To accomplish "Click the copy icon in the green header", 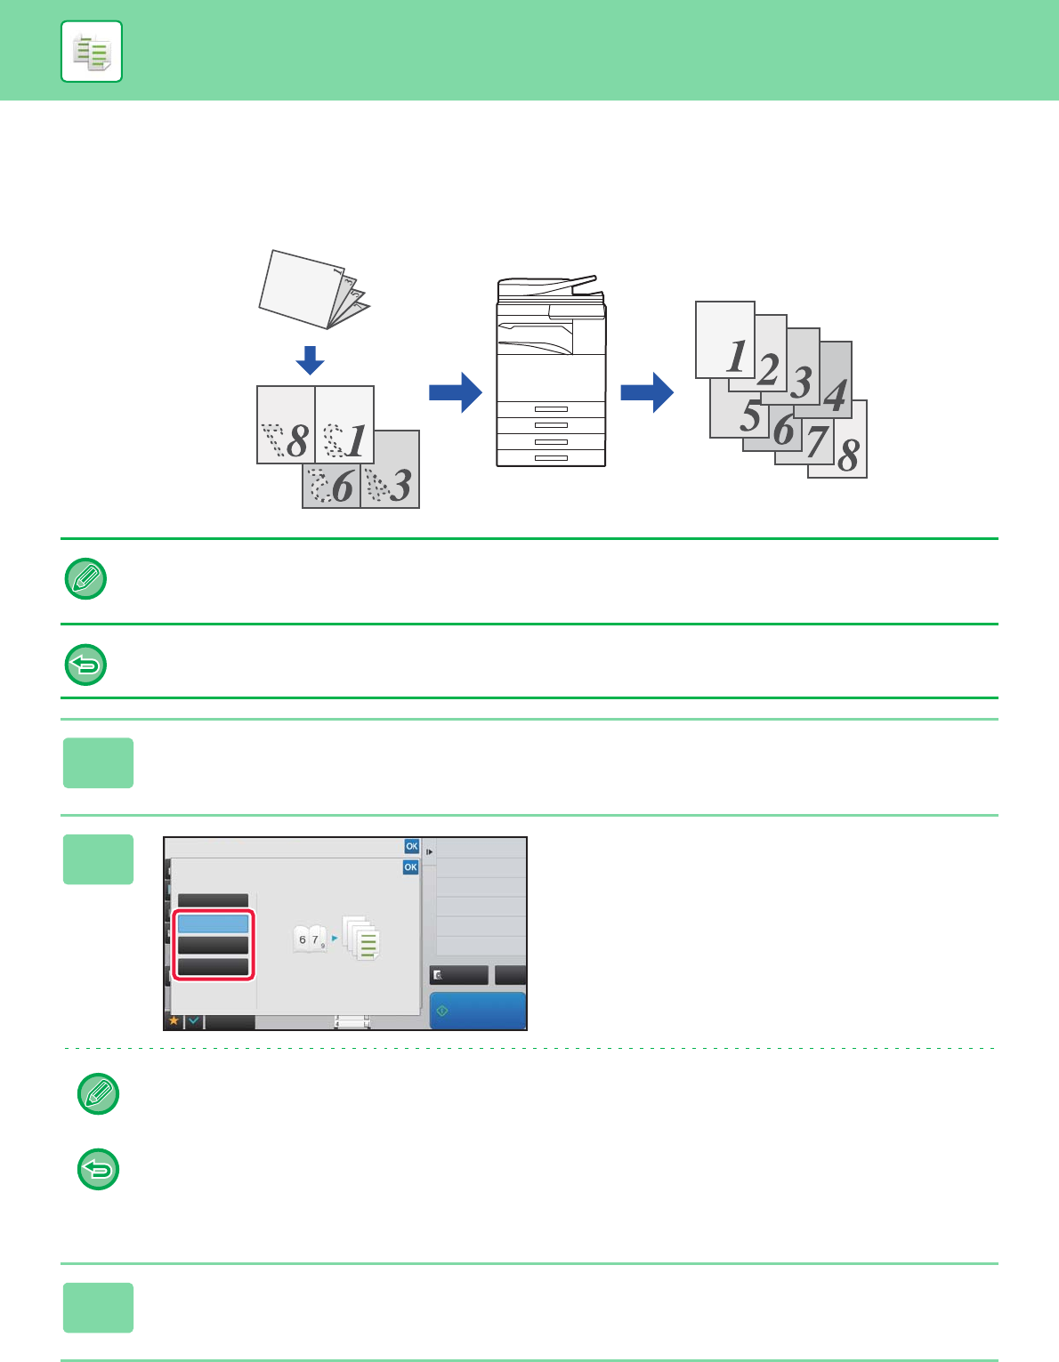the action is (92, 52).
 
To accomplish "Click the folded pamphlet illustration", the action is (314, 289).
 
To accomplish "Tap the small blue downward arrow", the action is (310, 360).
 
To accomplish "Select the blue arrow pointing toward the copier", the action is (456, 392).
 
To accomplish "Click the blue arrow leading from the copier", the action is (647, 392).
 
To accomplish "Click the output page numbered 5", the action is (740, 410).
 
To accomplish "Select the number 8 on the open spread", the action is (297, 440).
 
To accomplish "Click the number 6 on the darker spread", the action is (343, 486).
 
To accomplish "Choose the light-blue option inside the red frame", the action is (214, 924).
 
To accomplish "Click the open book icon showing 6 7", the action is (311, 939).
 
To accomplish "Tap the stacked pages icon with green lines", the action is (361, 938).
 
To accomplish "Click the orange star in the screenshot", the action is (174, 1021).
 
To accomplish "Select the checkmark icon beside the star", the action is (194, 1021).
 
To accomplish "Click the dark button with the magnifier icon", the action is (459, 975).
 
